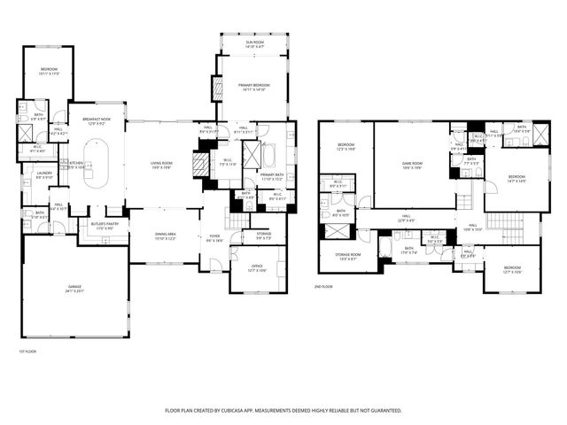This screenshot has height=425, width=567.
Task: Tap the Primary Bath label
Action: tap(271, 176)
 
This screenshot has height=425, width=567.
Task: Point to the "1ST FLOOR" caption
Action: tap(27, 352)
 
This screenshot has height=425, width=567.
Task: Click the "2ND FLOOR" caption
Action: tap(323, 287)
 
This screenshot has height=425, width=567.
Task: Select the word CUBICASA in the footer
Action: tap(245, 411)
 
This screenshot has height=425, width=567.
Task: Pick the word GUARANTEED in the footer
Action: tap(383, 411)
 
